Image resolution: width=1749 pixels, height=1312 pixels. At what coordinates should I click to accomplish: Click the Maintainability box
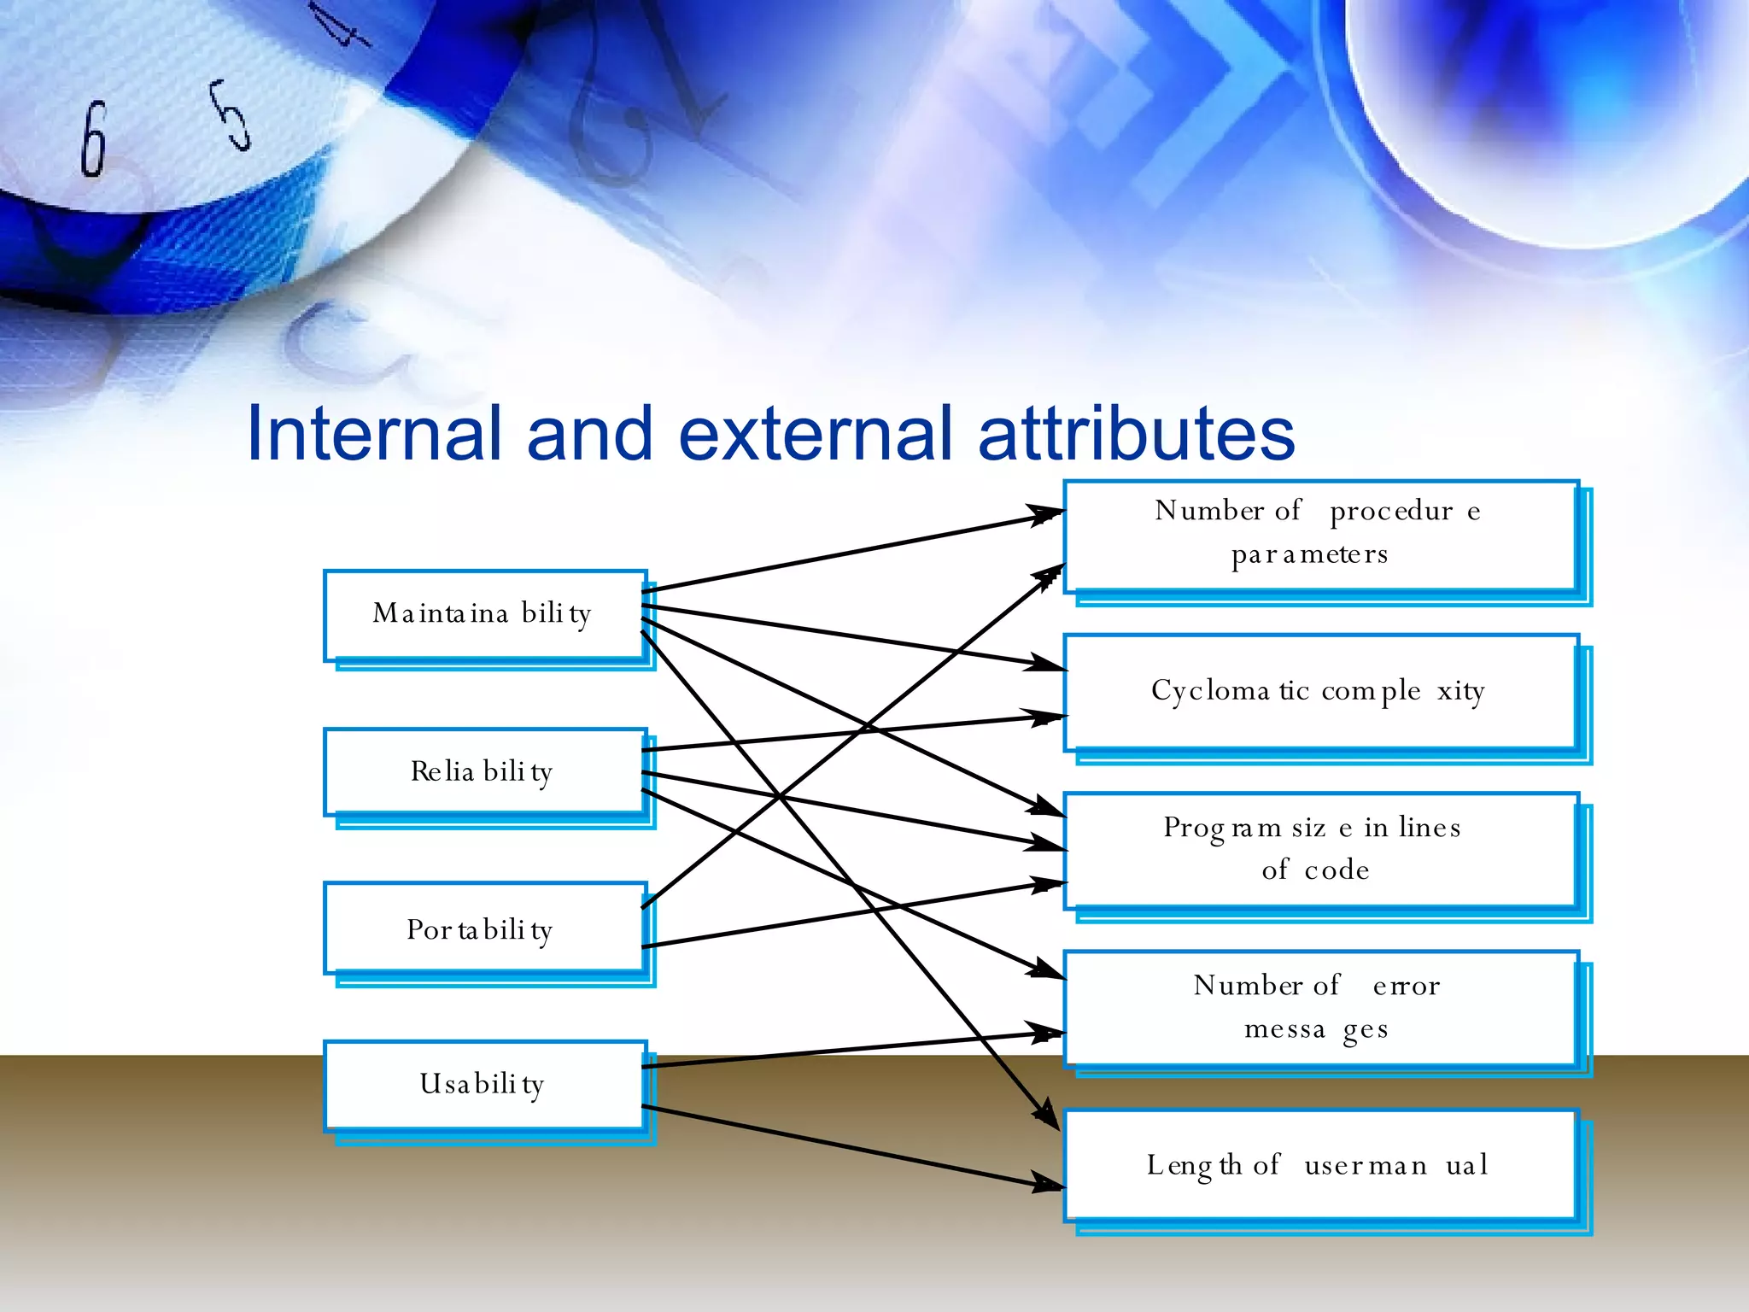coord(483,614)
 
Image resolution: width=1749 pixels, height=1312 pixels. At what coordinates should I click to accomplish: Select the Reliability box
coord(483,772)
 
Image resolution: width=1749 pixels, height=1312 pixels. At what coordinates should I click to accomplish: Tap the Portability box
coord(483,929)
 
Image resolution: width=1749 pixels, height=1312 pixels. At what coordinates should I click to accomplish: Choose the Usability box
coord(483,1085)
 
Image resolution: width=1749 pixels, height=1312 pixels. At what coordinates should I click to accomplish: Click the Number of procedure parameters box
coord(1319,535)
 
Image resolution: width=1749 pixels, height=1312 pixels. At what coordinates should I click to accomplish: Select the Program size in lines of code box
coord(1319,849)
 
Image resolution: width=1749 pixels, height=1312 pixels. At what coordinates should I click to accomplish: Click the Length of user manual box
coord(1319,1165)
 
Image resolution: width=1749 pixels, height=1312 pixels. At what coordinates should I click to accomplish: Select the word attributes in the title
coord(1136,433)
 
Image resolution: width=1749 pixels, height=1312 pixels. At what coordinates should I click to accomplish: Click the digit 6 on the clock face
coord(94,139)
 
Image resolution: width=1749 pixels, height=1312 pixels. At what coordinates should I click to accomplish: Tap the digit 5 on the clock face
coord(231,114)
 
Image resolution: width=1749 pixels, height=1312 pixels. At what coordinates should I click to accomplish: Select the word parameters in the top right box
coord(1309,555)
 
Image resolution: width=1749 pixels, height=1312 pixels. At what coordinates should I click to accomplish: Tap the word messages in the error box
coord(1316,1029)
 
